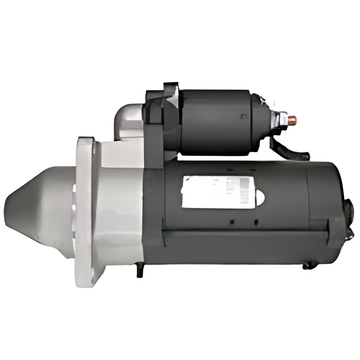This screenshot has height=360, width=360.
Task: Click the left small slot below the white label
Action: [x=232, y=221]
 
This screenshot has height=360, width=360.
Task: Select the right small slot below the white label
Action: [x=256, y=221]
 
